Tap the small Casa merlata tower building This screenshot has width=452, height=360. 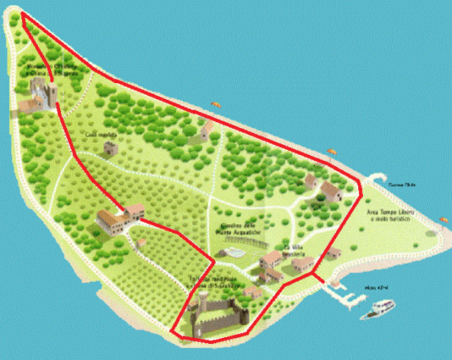[109, 147]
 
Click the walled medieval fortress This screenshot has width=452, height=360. [213, 314]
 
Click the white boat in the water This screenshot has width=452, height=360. [381, 309]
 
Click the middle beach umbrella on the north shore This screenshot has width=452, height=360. [332, 152]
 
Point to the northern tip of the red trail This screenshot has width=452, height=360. [23, 15]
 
